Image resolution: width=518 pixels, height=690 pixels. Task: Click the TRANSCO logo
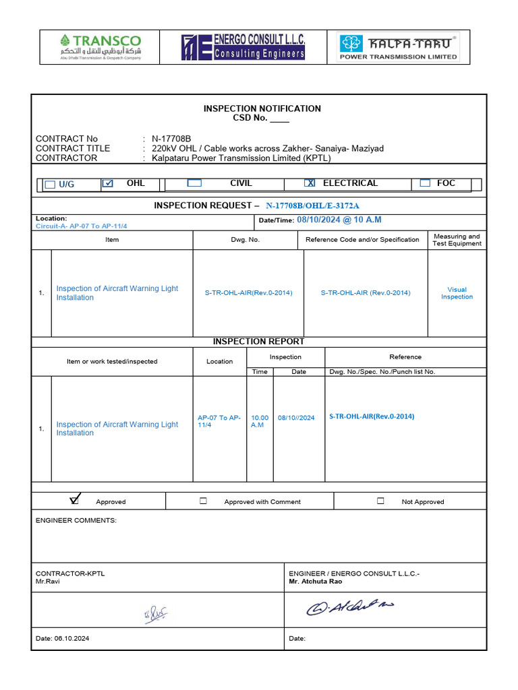coord(100,48)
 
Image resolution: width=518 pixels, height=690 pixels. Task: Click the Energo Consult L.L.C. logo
coord(243,48)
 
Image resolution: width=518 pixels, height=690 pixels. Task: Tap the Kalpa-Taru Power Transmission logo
coord(398,48)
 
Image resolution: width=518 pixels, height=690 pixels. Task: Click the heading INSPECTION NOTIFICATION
coord(262,108)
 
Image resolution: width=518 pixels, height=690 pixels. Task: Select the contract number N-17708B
coord(171,139)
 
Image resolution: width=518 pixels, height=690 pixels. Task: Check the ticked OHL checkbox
coord(108,183)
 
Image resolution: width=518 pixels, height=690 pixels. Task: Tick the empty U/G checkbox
coord(50,185)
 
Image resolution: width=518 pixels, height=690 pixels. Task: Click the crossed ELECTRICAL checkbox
coord(310,183)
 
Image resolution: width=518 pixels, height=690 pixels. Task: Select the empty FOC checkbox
coord(425,183)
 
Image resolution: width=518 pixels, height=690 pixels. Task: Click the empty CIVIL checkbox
coord(194,183)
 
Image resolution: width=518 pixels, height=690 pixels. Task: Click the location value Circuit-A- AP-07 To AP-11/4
coord(81,226)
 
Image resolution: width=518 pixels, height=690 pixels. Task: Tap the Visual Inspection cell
coord(457,293)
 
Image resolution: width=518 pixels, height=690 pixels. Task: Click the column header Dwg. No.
coord(246,240)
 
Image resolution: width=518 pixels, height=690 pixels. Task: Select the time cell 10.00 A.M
coord(259,421)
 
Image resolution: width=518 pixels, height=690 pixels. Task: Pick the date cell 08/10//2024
coord(296,418)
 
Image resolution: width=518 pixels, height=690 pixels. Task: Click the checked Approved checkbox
coord(74,500)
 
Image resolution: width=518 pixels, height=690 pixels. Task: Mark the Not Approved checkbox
coord(380,501)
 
